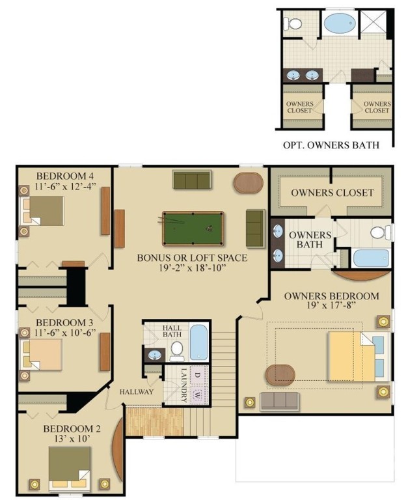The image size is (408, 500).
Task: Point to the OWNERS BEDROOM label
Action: pos(331,296)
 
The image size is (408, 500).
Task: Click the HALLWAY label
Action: pos(137,392)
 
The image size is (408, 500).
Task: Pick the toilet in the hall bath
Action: pos(176,350)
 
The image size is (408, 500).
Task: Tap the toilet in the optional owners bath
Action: pos(293,24)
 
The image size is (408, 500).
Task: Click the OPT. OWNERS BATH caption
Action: pos(331,145)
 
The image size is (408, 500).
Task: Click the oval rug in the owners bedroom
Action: pos(280,375)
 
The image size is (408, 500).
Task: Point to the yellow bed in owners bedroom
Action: pos(351,357)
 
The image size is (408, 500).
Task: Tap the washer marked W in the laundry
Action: pos(199,395)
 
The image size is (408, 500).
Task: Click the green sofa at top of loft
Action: pos(192,179)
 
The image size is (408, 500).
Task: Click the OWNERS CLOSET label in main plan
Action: pos(332,192)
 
